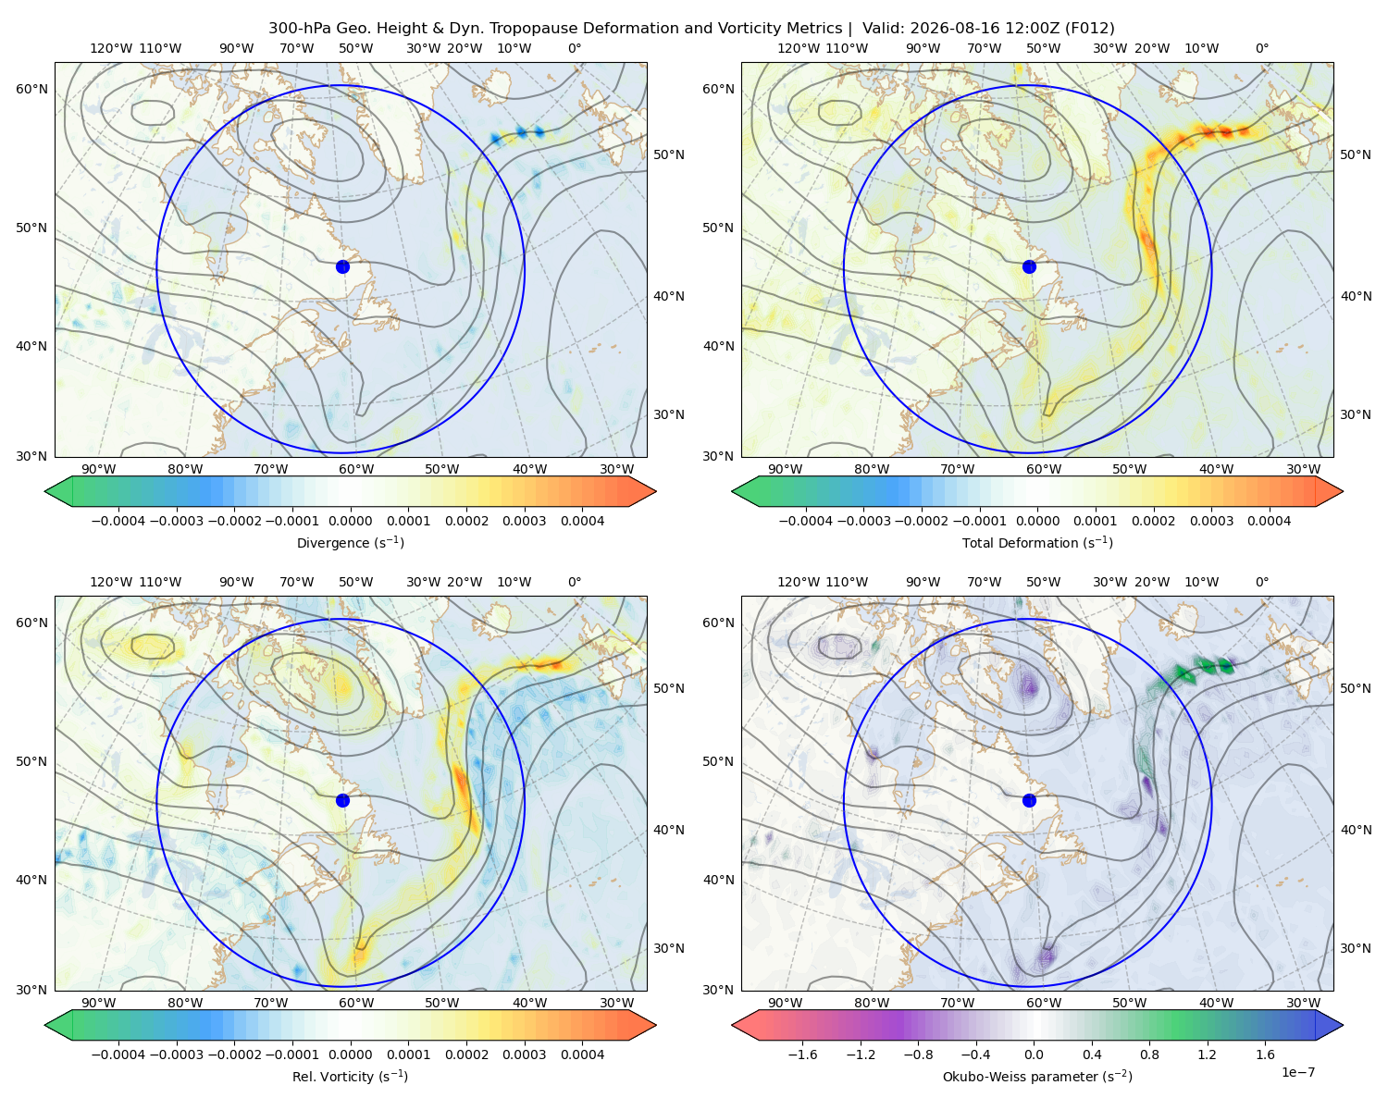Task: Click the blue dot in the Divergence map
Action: [342, 266]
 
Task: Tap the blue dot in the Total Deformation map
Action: [1029, 266]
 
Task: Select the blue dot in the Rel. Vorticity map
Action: [342, 800]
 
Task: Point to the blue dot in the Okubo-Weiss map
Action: [1029, 800]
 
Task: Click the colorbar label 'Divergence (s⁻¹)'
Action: [350, 542]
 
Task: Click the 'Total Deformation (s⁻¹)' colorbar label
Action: [1037, 542]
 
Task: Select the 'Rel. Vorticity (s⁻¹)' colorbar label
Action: [350, 1076]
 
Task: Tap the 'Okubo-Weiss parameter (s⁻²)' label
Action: [1037, 1076]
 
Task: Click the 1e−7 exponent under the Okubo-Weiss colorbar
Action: [1297, 1072]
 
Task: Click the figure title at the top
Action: [691, 29]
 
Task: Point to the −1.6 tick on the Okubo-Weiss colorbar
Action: [802, 1054]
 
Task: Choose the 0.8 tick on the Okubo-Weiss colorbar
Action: [1149, 1054]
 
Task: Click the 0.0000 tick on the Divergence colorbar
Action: [350, 521]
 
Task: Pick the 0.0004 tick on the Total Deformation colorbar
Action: [1270, 521]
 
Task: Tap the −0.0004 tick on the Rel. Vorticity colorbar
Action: [118, 1054]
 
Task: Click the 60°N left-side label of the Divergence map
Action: [31, 89]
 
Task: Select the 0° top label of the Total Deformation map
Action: [1261, 48]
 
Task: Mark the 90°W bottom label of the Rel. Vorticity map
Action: [99, 1003]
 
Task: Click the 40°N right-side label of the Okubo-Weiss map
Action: [1356, 830]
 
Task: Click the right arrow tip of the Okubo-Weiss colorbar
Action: [1343, 1025]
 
